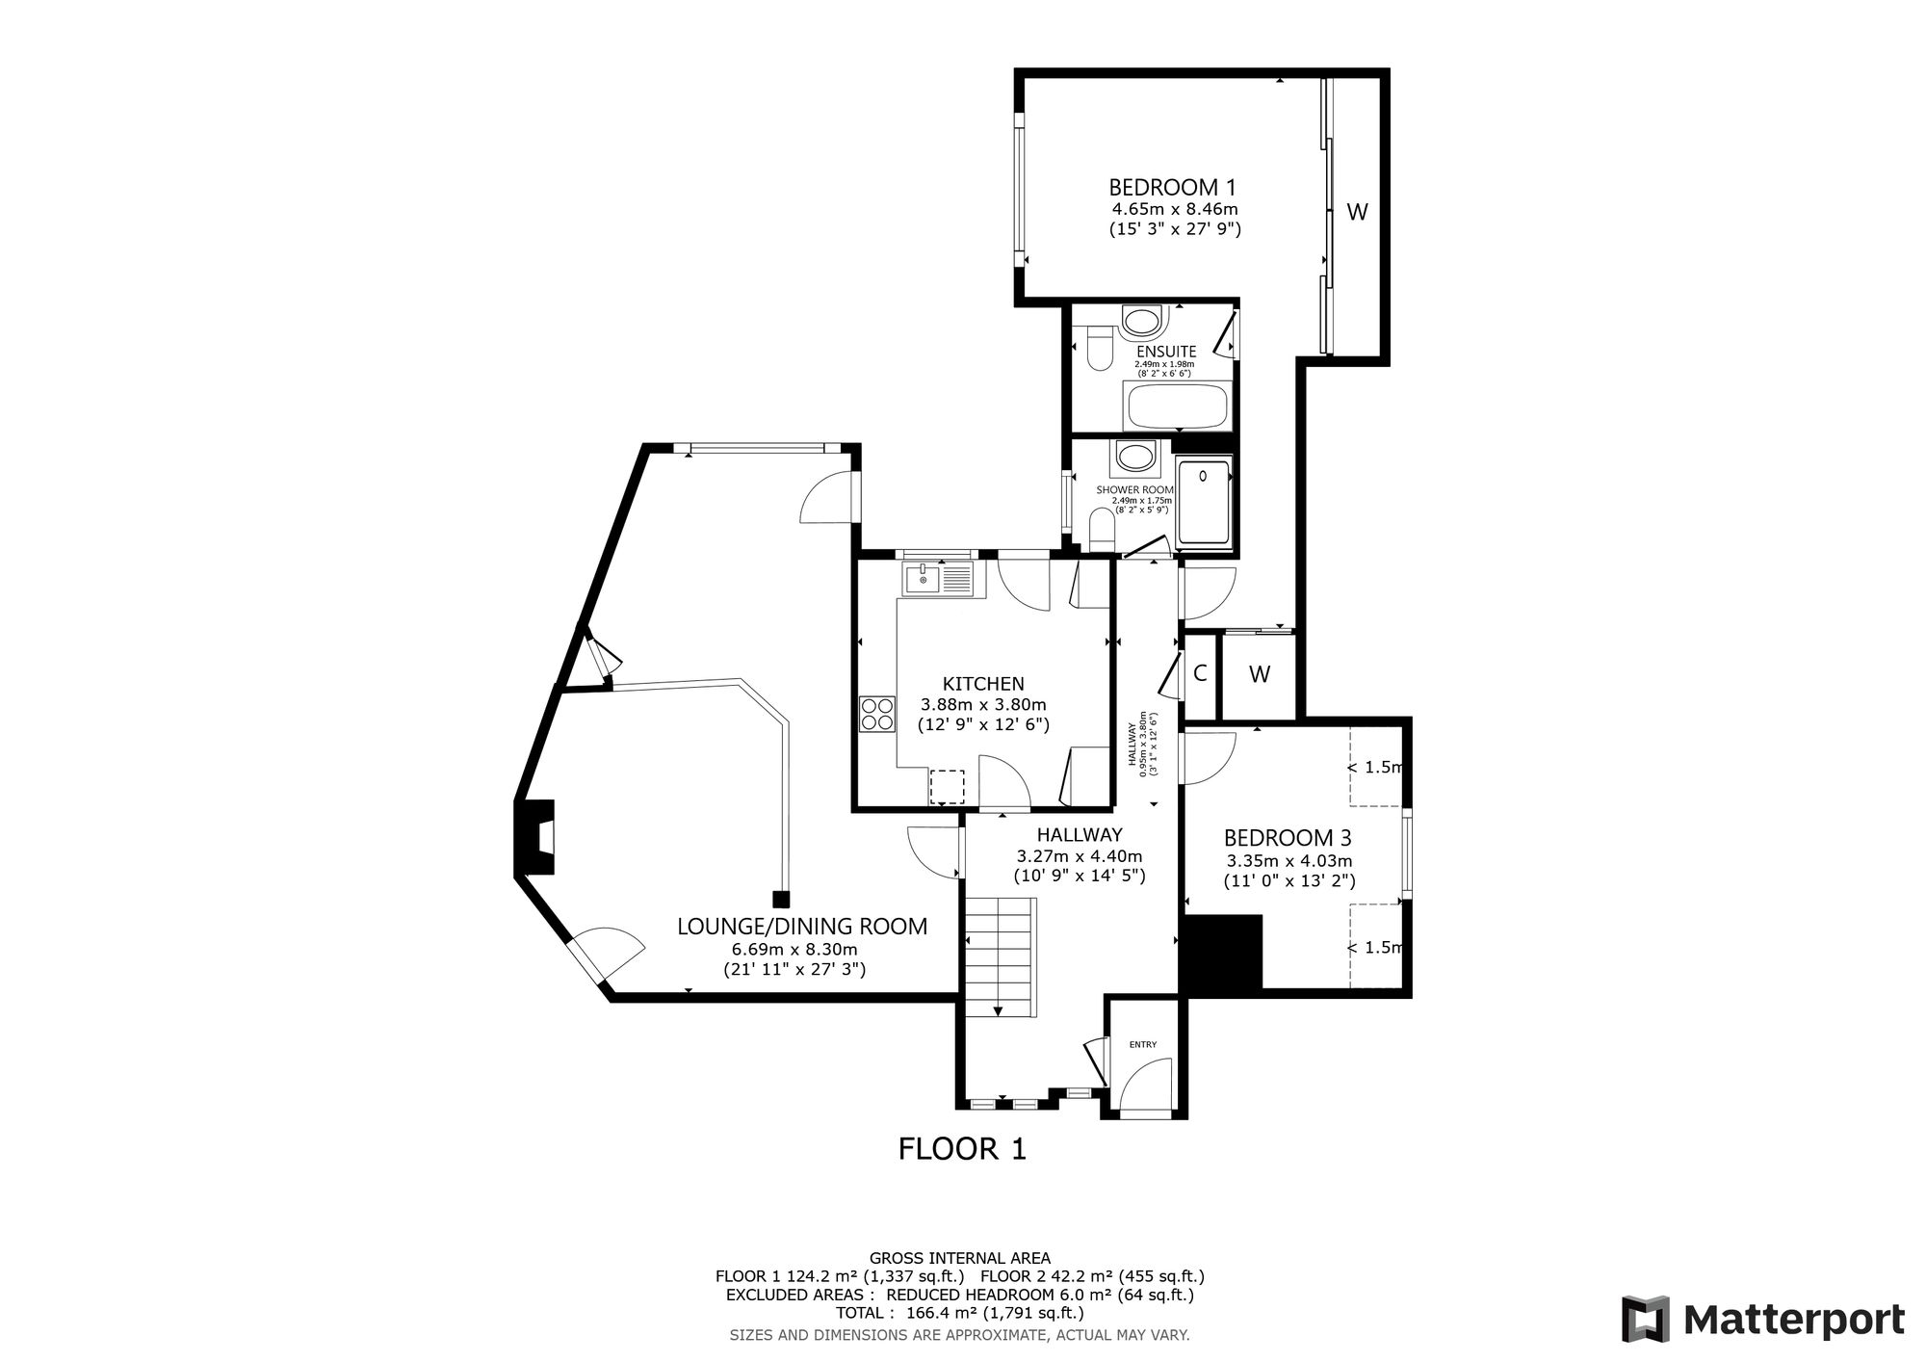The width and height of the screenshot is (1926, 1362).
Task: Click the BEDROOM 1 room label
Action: (x=1172, y=187)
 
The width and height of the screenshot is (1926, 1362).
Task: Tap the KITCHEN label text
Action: (x=983, y=684)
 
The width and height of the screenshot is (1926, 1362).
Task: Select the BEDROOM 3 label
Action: (x=1288, y=838)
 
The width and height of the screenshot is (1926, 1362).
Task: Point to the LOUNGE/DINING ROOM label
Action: (x=802, y=927)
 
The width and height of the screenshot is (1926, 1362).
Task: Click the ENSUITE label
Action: (x=1165, y=352)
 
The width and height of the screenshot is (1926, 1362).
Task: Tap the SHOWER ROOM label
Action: (x=1135, y=489)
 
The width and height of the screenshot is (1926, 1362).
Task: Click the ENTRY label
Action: (x=1143, y=1044)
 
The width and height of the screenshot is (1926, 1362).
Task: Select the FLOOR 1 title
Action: (x=962, y=1149)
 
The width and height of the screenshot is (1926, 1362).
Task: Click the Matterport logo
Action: (x=1763, y=1319)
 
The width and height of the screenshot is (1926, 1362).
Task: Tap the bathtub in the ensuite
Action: (x=1177, y=406)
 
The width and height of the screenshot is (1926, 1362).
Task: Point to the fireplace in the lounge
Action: (x=535, y=837)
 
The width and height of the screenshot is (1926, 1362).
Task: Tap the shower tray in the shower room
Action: (x=1204, y=503)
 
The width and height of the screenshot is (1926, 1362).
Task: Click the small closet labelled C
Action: (x=1200, y=673)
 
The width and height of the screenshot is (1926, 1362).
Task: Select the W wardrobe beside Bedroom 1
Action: (x=1357, y=213)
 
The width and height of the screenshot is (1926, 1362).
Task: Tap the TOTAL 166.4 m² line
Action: (x=960, y=1313)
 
